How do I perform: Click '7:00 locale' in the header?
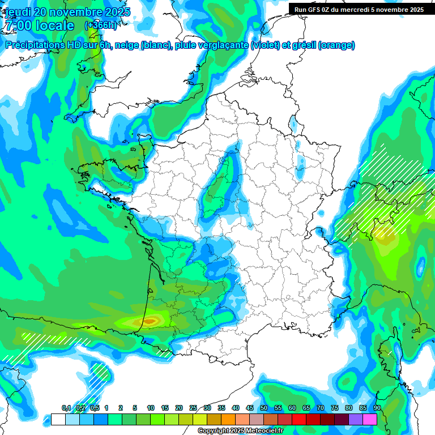tap(39, 25)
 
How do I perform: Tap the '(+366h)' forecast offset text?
tap(100, 25)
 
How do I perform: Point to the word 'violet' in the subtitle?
tap(265, 45)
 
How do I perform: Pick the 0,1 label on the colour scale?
tap(66, 408)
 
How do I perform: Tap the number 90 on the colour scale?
tap(377, 408)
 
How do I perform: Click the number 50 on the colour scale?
tap(264, 408)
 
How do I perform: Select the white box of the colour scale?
tap(58, 419)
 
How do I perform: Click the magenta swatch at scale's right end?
tap(370, 419)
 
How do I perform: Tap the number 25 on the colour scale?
tap(193, 408)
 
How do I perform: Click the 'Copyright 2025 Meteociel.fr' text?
tap(241, 430)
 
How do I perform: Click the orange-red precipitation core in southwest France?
tap(149, 321)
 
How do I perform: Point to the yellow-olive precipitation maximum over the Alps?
tap(386, 236)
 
